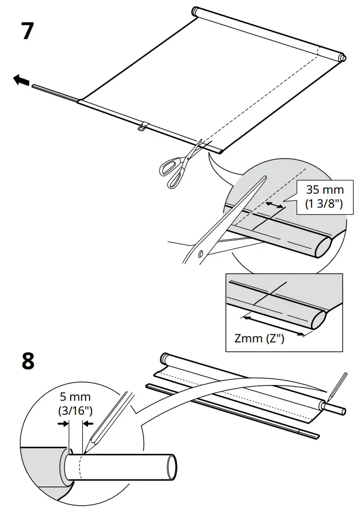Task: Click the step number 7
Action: [x=27, y=31]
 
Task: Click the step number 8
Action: [x=27, y=361]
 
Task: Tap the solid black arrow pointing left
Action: [x=21, y=81]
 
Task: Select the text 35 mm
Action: [x=324, y=190]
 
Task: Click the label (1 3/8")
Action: [x=324, y=204]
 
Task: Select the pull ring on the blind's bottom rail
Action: [x=142, y=127]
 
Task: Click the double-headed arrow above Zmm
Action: [x=272, y=324]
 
